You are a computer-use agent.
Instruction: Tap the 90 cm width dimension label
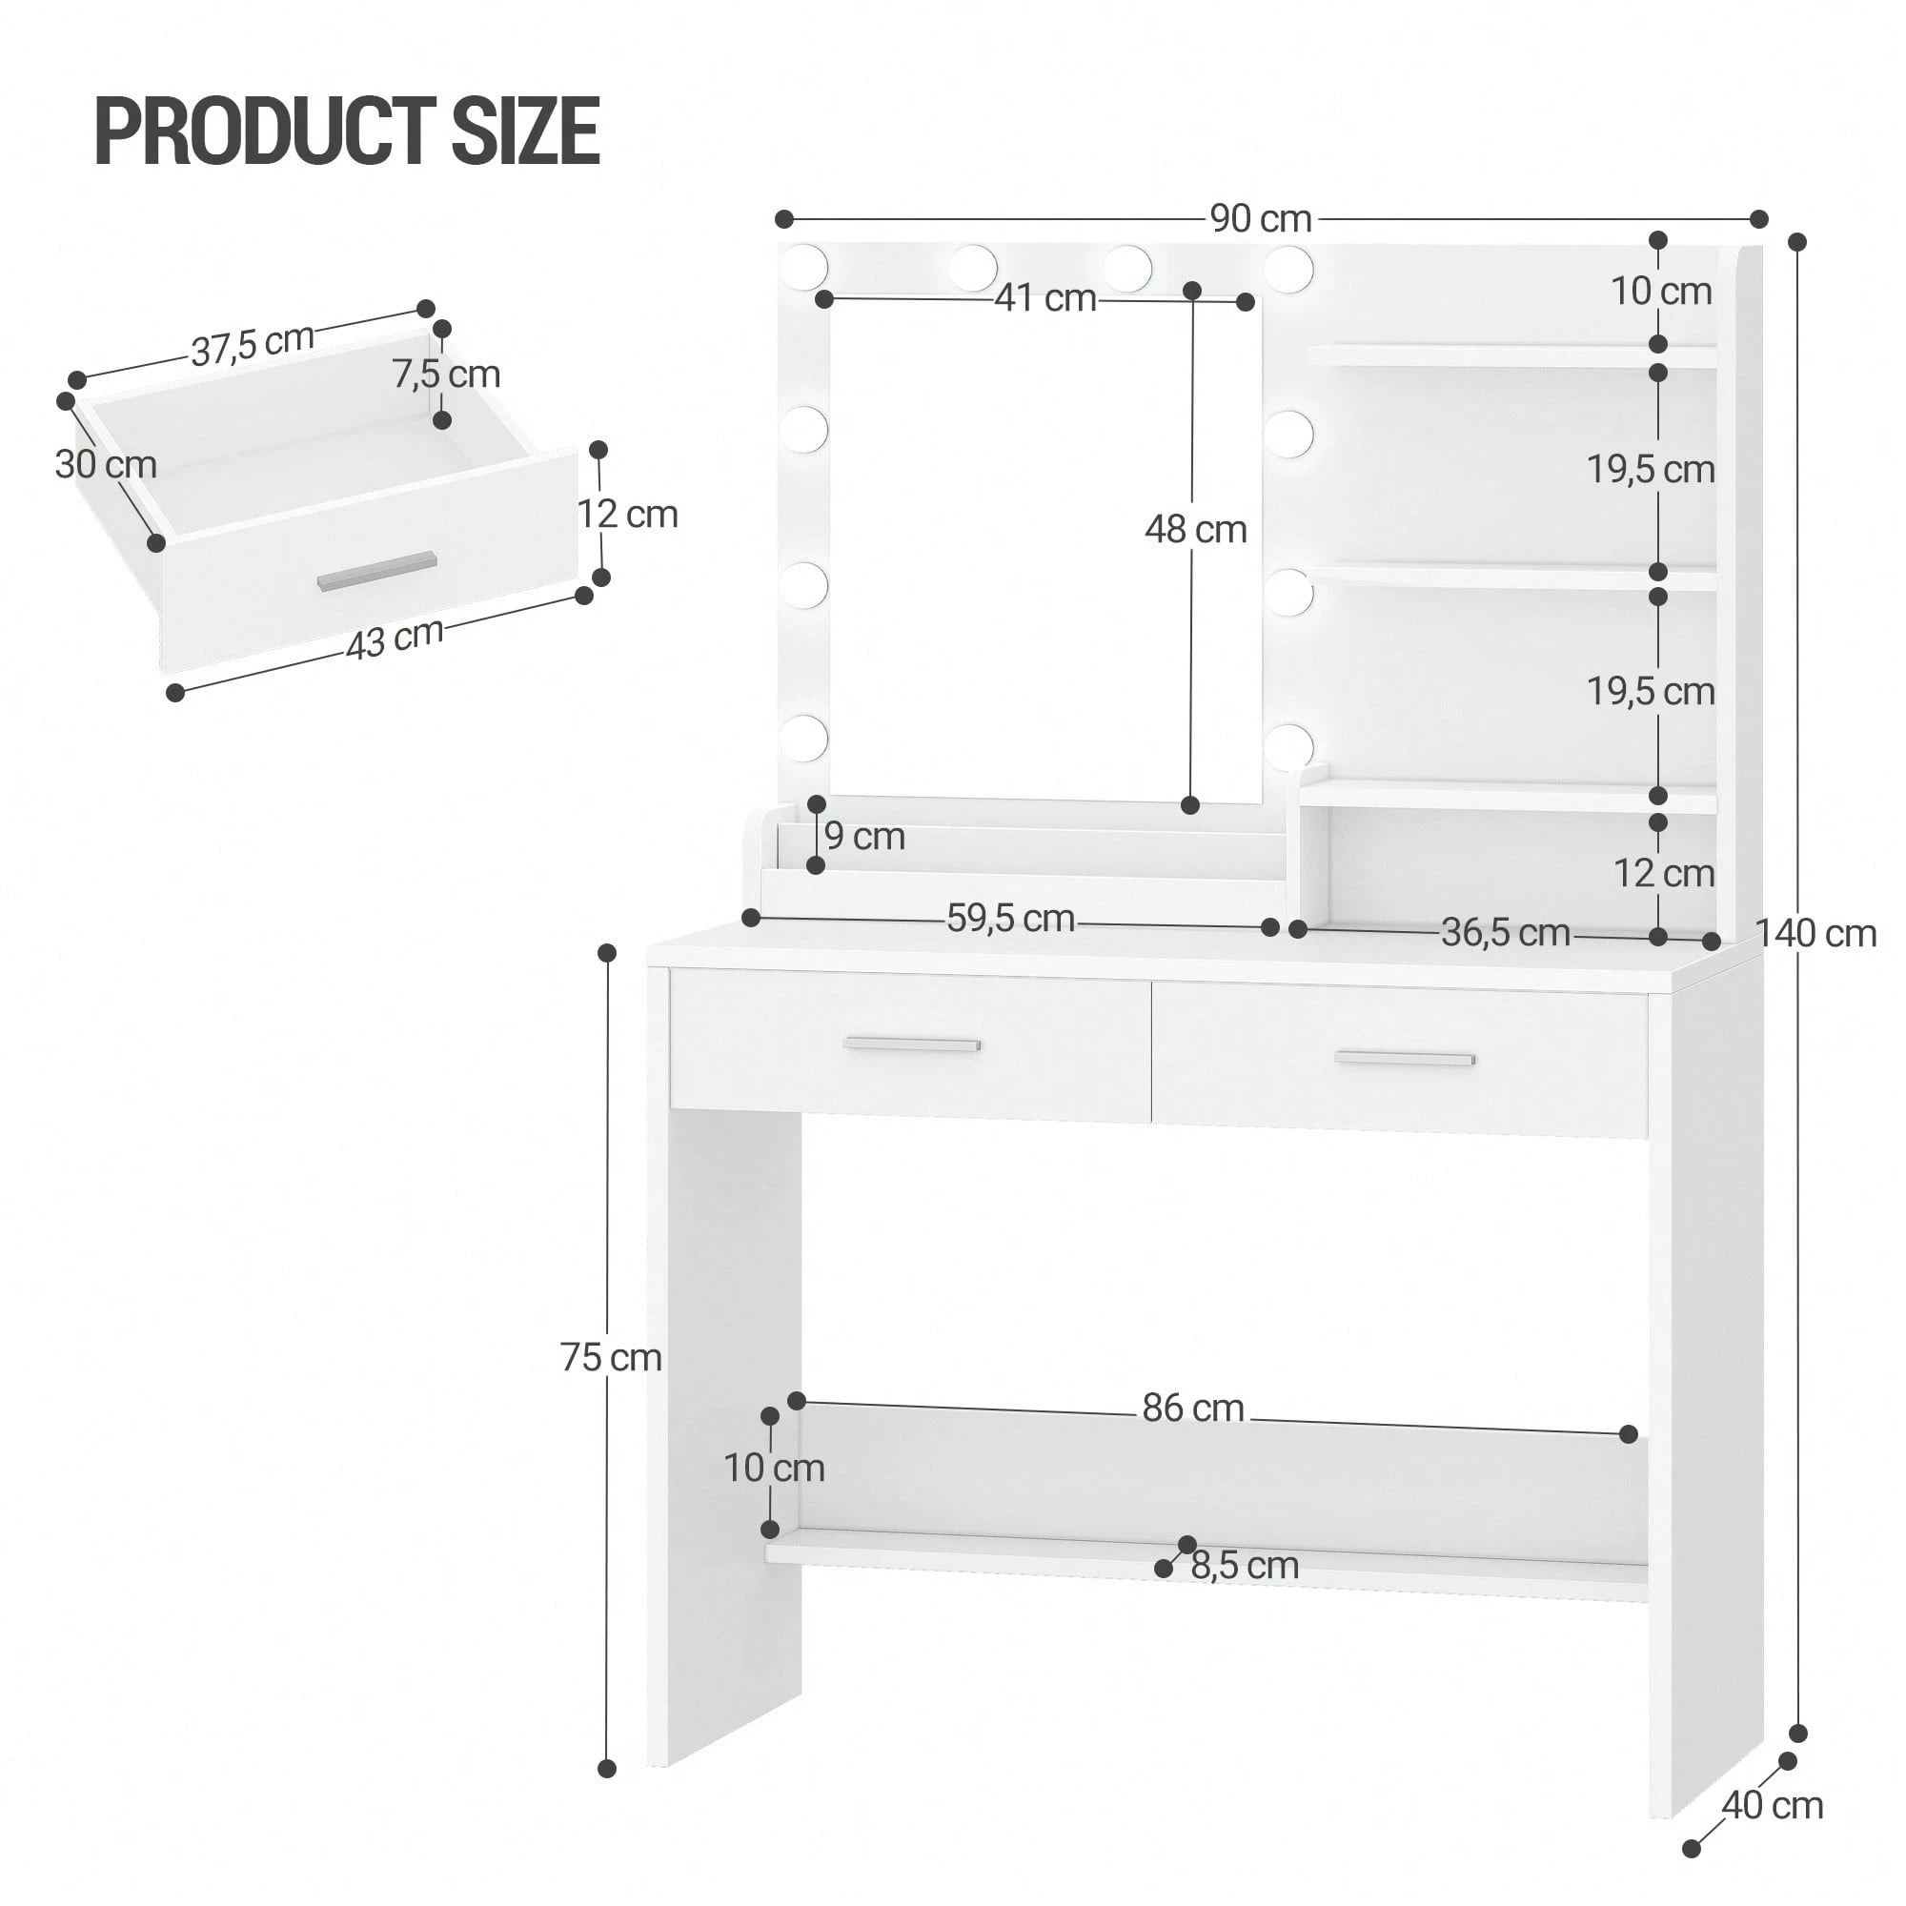[1261, 218]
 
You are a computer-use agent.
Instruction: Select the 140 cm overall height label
[1815, 932]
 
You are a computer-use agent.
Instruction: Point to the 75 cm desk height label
[611, 1357]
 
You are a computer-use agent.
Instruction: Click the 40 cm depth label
[1773, 1805]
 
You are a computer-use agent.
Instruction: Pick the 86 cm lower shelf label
[1193, 1408]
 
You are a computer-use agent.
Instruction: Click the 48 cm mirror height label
[1196, 530]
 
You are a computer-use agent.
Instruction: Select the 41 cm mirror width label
[1044, 297]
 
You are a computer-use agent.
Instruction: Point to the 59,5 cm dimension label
[1010, 919]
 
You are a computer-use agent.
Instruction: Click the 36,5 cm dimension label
[1506, 931]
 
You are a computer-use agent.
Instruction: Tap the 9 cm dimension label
[864, 837]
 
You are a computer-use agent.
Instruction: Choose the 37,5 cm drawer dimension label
[253, 344]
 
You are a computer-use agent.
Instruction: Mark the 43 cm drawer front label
[395, 639]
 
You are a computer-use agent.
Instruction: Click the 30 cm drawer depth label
[106, 465]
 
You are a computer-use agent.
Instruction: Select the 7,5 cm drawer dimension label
[446, 374]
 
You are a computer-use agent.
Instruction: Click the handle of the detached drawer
[375, 571]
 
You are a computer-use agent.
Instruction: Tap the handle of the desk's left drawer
[913, 1044]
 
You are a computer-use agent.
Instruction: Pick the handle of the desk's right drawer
[1405, 1059]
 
